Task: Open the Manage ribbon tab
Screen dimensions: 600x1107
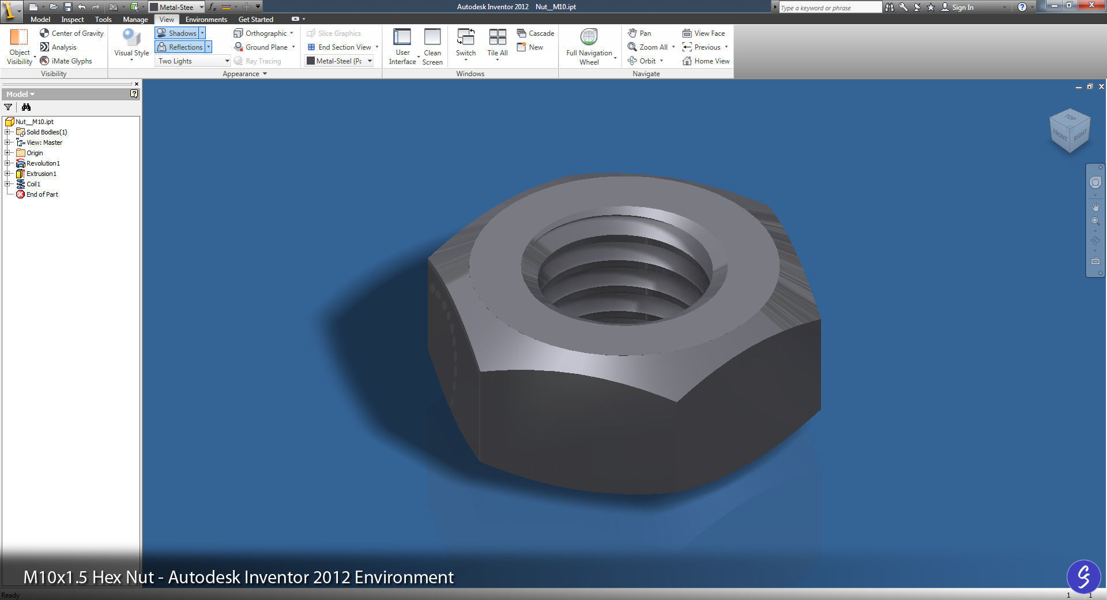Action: point(135,19)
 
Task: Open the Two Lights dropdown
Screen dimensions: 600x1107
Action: point(193,61)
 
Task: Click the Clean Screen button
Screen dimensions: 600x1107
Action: point(432,46)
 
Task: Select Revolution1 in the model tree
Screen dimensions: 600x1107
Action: point(43,163)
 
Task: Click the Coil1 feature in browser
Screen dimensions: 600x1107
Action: point(33,184)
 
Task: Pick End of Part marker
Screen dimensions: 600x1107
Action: point(42,194)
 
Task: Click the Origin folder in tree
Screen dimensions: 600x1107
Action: point(35,153)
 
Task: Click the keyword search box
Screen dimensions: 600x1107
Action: point(829,7)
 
